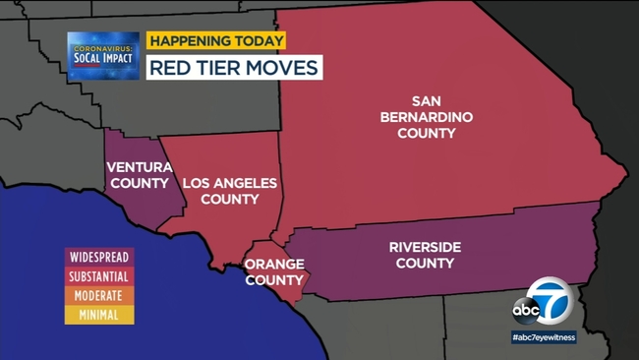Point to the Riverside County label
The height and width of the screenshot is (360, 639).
425,254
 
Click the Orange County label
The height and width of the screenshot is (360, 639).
273,270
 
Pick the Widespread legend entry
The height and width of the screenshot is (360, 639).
98,257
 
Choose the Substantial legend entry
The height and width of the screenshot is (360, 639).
98,276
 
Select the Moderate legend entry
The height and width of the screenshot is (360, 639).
98,296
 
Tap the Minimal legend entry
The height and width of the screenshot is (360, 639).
98,316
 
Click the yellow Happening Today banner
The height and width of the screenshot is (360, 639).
216,41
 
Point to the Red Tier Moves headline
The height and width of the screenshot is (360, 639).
234,68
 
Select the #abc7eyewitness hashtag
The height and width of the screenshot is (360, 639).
544,336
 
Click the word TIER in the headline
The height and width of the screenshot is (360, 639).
226,68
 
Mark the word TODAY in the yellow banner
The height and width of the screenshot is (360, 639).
258,41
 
